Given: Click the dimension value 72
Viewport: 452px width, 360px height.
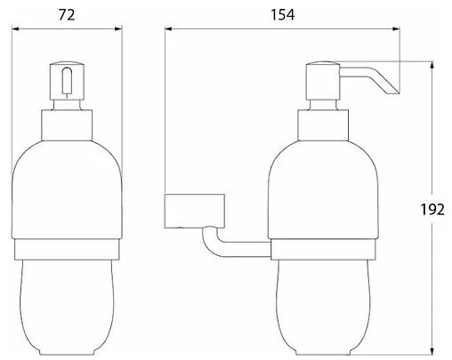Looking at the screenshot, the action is coord(67,15).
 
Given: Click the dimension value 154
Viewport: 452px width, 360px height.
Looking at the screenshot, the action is coord(283,15).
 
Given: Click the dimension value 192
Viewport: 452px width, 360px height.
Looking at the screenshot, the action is coord(432,210).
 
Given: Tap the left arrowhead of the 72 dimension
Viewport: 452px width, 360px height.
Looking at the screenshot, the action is coord(15,28).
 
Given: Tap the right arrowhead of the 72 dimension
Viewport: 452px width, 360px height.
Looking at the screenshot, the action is coord(118,28).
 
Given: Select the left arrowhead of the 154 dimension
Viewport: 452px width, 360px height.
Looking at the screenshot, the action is coord(168,28).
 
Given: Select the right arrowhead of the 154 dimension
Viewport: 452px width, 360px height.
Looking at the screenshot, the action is coord(396,28).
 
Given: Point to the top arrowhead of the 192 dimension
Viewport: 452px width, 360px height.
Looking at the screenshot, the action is coord(432,65).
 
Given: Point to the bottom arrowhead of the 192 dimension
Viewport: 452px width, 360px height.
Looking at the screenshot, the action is coord(432,350).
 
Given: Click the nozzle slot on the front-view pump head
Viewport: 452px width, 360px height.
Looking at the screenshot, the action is coord(67,81).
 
